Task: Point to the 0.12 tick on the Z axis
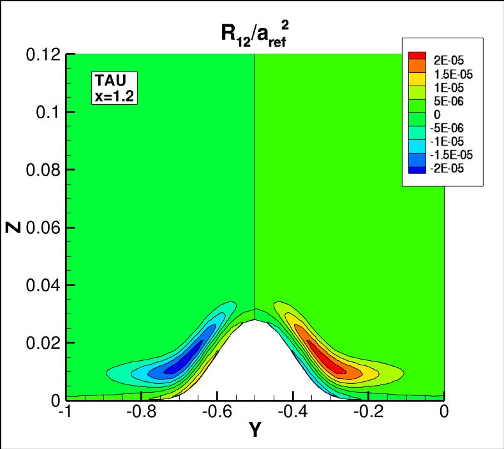[43, 54]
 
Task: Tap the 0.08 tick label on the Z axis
[43, 170]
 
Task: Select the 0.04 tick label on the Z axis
[43, 285]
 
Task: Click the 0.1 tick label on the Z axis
[48, 112]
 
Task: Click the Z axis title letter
[14, 227]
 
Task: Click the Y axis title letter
[255, 432]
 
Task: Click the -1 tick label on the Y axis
[64, 413]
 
